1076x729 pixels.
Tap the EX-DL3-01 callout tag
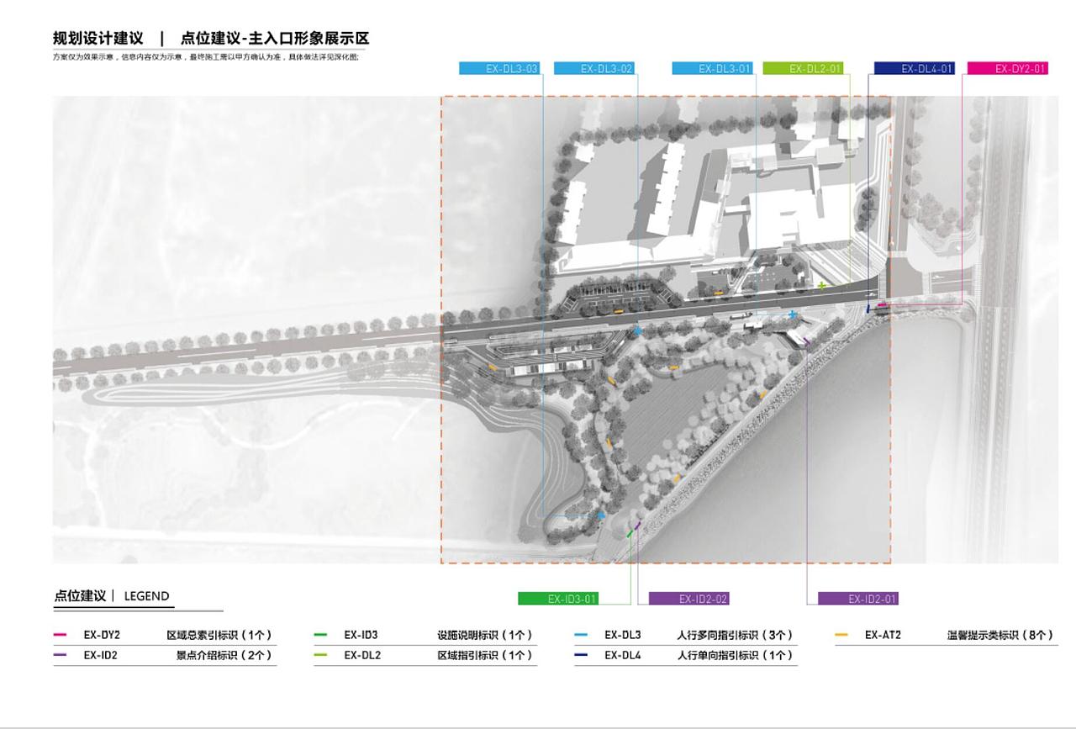pyautogui.click(x=712, y=69)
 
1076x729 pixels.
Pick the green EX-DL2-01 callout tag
pyautogui.click(x=803, y=69)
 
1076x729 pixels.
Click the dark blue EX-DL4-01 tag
pyautogui.click(x=914, y=69)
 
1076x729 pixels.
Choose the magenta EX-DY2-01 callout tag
pyautogui.click(x=1008, y=69)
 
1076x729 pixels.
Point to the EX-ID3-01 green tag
pyautogui.click(x=558, y=599)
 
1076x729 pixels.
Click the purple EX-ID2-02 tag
pyautogui.click(x=688, y=599)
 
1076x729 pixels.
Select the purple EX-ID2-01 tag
pyautogui.click(x=858, y=599)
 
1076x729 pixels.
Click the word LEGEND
pyautogui.click(x=146, y=596)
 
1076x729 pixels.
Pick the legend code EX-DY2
pyautogui.click(x=102, y=636)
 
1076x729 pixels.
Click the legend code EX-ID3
pyautogui.click(x=361, y=636)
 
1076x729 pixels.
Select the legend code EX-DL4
pyautogui.click(x=622, y=655)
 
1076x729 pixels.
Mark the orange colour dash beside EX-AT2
pyautogui.click(x=841, y=636)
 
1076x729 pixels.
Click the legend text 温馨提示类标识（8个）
pyautogui.click(x=999, y=636)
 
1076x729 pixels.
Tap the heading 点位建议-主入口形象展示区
pyautogui.click(x=275, y=39)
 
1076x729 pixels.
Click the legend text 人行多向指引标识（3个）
pyautogui.click(x=736, y=636)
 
